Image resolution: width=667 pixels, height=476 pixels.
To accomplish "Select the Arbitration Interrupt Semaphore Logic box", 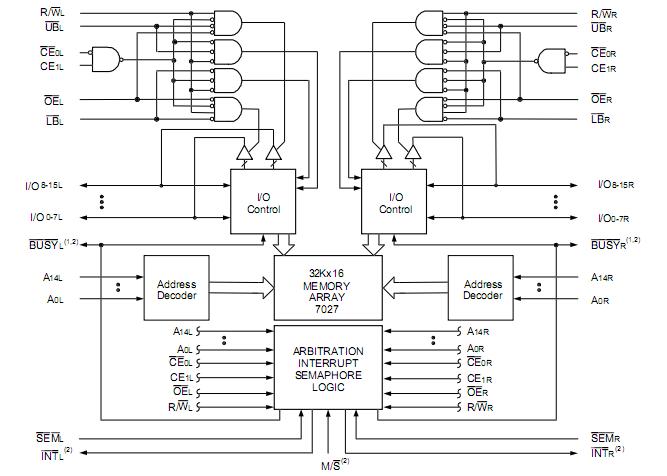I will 328,366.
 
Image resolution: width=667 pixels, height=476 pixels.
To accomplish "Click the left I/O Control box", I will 264,203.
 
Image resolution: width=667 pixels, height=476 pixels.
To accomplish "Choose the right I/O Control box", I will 395,203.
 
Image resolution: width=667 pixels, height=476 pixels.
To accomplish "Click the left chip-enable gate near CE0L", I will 104,59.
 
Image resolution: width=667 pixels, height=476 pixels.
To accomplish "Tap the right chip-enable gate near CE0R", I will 553,59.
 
